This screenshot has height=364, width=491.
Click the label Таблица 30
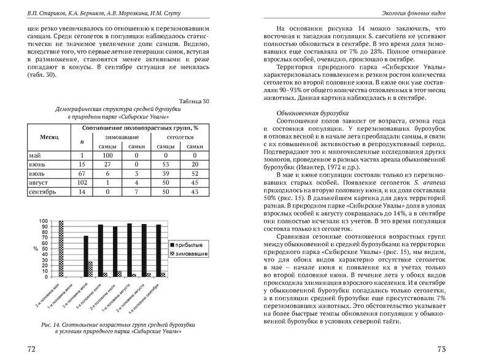point(193,102)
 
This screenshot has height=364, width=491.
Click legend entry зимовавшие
point(191,253)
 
